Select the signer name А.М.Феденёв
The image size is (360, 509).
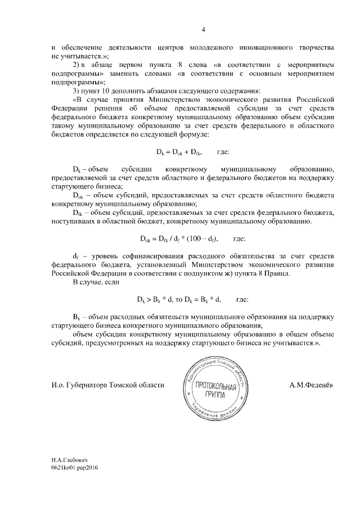[311, 385]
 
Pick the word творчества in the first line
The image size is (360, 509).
[314, 48]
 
